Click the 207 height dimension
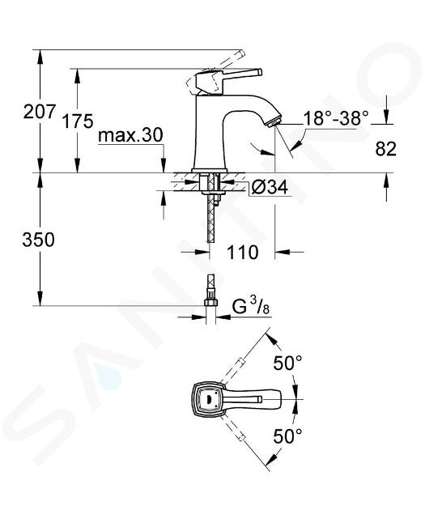pyautogui.click(x=40, y=112)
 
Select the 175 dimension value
pyautogui.click(x=78, y=121)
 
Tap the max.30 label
pyautogui.click(x=130, y=135)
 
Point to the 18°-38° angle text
pyautogui.click(x=336, y=118)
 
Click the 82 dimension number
pyautogui.click(x=386, y=149)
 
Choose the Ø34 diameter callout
pyautogui.click(x=270, y=187)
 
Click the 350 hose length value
pyautogui.click(x=38, y=240)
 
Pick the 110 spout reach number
pyautogui.click(x=243, y=252)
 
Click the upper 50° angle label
pyautogui.click(x=287, y=363)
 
